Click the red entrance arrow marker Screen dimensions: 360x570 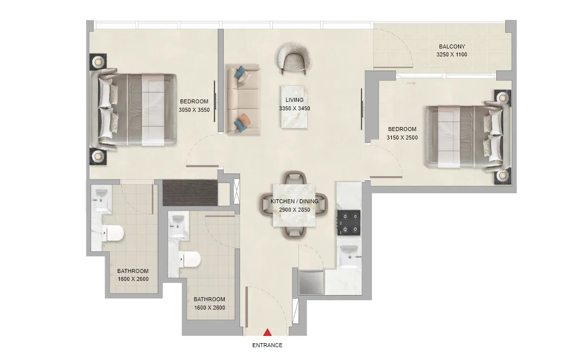tap(267, 334)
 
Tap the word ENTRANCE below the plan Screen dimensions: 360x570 tap(267, 345)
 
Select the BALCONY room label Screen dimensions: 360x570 tap(451, 47)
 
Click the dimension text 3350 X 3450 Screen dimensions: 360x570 tap(294, 108)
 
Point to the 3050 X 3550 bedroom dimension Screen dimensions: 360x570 tap(193, 110)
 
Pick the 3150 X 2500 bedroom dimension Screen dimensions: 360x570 tap(402, 137)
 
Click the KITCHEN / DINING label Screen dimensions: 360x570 tap(294, 201)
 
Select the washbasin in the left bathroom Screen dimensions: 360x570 tap(101, 195)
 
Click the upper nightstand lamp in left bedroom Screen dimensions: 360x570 tap(98, 62)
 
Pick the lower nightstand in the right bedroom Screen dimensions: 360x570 tap(502, 176)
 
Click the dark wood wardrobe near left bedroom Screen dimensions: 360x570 tap(190, 193)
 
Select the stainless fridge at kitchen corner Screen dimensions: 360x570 tap(311, 282)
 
